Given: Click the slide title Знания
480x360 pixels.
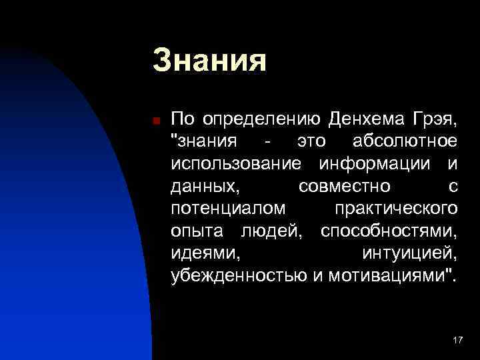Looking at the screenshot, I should point(209,60).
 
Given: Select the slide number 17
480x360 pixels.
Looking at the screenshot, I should point(457,341).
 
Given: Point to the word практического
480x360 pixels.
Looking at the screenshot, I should point(395,209).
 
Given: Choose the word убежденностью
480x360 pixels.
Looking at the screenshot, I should point(238,276).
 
